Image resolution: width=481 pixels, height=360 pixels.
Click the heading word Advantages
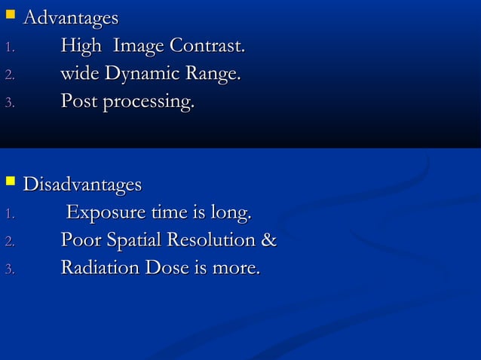point(71,17)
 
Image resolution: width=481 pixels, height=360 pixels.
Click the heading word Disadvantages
point(82,185)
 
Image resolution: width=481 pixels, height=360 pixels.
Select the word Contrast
point(207,47)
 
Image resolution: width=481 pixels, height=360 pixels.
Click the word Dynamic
point(138,75)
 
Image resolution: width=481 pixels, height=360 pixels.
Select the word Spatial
point(139,242)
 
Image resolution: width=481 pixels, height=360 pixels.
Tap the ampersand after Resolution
point(268,241)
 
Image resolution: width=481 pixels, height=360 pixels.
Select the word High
point(81,47)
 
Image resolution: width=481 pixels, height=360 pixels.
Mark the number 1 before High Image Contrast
point(8,49)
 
